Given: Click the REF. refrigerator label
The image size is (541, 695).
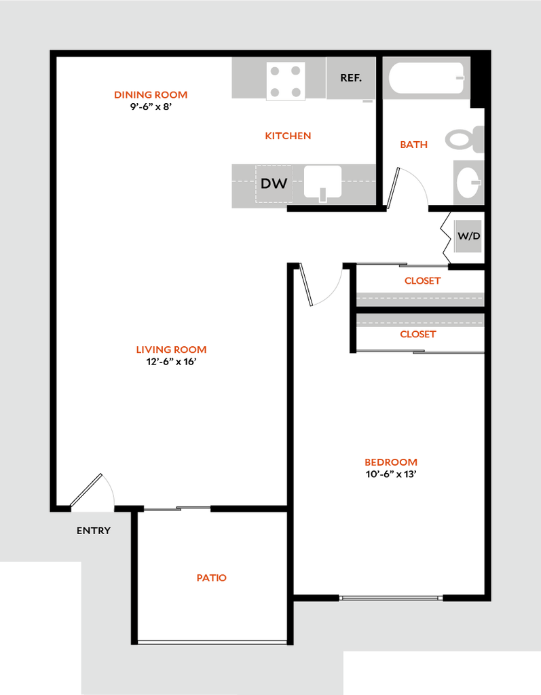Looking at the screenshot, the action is [351, 78].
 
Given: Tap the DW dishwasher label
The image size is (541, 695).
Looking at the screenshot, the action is [274, 183].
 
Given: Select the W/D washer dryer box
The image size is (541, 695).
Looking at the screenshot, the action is [469, 236].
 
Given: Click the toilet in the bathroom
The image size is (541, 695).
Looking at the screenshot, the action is [465, 139].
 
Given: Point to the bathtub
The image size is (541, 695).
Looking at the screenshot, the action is [426, 77].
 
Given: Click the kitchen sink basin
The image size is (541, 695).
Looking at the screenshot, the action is [322, 182].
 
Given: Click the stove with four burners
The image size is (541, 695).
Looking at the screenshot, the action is [286, 81].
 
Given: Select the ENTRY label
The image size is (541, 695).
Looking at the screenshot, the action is [94, 531].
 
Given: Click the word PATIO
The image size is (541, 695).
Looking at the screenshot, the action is [212, 578].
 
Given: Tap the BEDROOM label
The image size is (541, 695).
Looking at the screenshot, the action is [391, 462].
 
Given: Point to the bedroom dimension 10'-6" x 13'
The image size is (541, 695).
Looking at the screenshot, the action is [391, 474].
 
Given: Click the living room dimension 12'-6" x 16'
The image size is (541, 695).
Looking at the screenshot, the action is [172, 362].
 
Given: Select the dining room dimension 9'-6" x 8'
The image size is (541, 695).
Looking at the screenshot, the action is [151, 107].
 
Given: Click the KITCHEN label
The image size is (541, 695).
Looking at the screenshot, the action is [288, 136].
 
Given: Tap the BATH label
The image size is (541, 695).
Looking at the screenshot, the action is [414, 145].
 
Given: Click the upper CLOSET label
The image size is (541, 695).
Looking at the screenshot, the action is [423, 281].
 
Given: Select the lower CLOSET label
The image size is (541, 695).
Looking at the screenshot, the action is [418, 334].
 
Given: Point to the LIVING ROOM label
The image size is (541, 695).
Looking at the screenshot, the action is [172, 350].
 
